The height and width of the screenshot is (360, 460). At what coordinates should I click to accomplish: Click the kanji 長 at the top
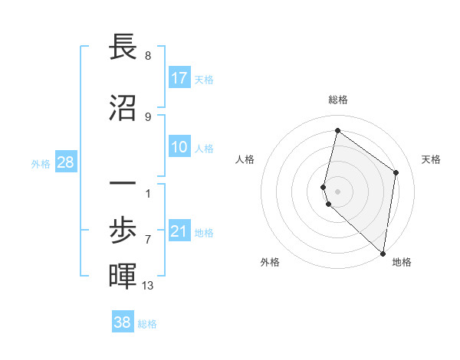pos(123,47)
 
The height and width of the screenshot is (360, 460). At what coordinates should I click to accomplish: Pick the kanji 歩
pos(123,231)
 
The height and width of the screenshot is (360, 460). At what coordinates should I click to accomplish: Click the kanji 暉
pos(123,276)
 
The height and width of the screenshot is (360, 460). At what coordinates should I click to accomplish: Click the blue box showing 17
pos(179,78)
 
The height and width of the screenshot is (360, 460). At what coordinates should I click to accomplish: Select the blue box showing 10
pos(179,147)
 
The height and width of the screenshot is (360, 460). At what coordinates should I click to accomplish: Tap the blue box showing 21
pos(179,231)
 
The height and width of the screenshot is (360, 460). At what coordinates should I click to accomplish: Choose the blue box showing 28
pos(65,162)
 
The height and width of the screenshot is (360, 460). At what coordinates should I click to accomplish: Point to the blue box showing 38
pos(123,322)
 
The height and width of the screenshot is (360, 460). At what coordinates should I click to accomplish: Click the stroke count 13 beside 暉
pos(148,286)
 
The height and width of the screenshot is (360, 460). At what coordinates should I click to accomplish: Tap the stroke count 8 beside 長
pos(148,57)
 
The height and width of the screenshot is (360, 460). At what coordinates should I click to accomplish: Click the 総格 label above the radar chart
pos(337,100)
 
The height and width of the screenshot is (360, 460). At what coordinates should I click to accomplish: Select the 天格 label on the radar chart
pos(431,159)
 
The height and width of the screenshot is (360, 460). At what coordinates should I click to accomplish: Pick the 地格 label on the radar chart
pos(402,262)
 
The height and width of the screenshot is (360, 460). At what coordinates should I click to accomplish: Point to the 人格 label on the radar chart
pos(245,159)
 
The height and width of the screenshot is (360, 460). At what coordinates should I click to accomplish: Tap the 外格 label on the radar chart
pos(270,262)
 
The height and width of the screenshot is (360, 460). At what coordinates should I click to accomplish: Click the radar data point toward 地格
pos(383,253)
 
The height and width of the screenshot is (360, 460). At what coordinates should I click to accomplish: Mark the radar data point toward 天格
pos(396,172)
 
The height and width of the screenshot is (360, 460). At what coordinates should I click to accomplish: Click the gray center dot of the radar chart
pos(337,191)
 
